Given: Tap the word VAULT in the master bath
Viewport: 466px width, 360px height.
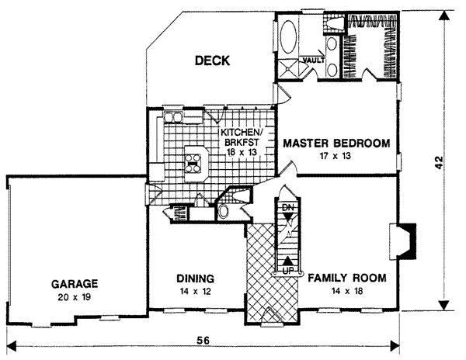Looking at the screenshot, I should [314, 60].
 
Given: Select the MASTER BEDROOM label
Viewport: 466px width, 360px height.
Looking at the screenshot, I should [336, 144].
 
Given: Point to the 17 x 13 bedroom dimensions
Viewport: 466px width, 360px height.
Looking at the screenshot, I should [335, 156].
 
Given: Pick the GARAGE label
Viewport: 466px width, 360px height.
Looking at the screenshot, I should [75, 283].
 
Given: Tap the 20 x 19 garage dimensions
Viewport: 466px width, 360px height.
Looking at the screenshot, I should [75, 296].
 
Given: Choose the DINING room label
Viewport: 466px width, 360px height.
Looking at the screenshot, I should [196, 278].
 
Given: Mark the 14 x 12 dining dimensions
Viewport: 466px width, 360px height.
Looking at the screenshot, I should [196, 290].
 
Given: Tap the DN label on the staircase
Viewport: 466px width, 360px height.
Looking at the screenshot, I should [287, 209].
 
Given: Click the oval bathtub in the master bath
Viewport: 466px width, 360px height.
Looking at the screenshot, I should [287, 36].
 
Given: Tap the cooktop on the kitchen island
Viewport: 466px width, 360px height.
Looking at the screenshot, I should [193, 163].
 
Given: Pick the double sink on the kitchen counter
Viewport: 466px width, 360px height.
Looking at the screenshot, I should [173, 118].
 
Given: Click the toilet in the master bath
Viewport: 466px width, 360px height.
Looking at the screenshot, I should [335, 24].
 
